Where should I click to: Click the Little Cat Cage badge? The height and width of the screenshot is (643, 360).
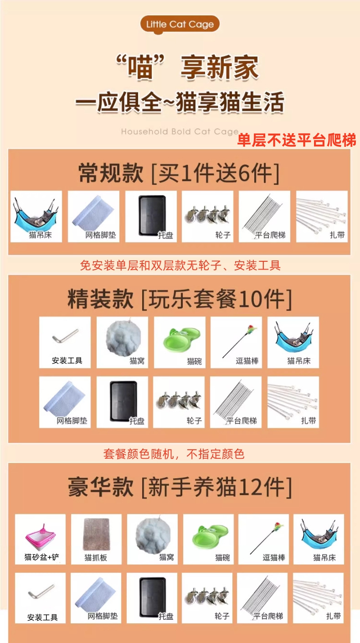180,24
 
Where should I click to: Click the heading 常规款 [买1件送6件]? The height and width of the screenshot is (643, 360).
179,173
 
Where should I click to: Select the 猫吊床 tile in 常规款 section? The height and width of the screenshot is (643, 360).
36,216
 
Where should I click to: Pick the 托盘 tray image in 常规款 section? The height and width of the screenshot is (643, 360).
150,216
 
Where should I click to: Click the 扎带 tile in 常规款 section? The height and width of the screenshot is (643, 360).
322,216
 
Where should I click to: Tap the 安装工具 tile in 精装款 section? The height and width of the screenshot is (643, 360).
65,342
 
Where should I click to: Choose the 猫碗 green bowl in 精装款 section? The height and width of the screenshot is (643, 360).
180,342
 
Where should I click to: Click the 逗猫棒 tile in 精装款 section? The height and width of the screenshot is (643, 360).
236,342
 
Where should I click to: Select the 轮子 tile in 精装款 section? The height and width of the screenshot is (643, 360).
179,402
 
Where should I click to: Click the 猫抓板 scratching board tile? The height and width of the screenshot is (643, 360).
96,539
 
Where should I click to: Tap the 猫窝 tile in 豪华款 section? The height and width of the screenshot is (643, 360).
152,539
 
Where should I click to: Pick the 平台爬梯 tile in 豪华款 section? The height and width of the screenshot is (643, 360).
262,598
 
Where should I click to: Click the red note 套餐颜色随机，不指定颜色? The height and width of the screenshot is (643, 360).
174,454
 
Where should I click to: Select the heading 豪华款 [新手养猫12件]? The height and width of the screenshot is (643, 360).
179,487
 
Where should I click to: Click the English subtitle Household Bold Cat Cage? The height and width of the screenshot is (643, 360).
180,132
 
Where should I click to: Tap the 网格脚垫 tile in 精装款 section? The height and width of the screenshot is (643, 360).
65,402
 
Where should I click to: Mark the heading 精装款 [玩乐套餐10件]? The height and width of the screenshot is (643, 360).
179,299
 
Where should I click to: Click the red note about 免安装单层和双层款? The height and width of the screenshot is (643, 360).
180,265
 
